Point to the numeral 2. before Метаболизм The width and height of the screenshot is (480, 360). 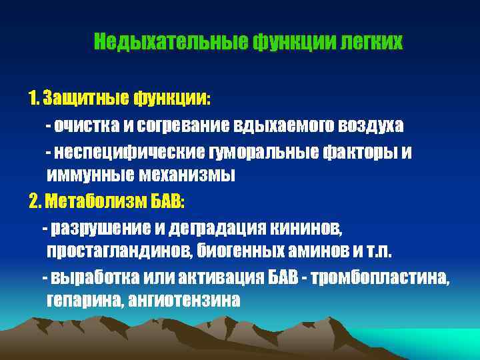[x=35, y=201]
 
